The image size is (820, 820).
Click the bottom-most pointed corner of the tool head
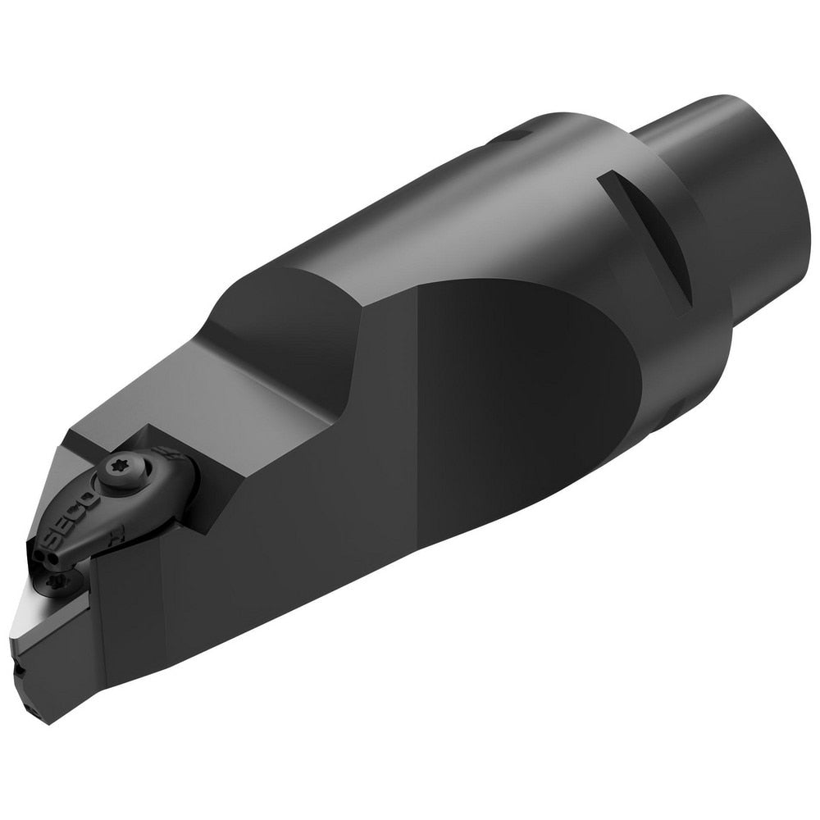49,722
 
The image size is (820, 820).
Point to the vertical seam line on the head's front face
91,623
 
